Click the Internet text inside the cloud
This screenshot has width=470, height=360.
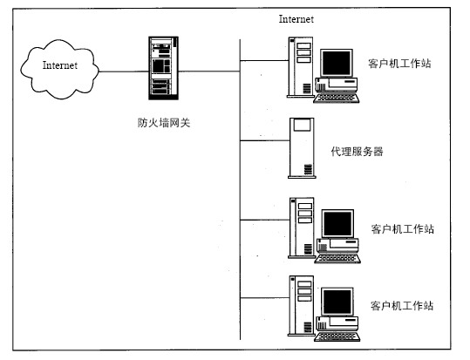[x=60, y=65]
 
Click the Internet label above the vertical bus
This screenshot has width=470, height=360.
[x=296, y=19]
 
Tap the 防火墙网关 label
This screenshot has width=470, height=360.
[x=164, y=123]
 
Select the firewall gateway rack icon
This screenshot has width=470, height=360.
[x=164, y=68]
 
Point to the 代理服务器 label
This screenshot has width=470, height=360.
[x=357, y=152]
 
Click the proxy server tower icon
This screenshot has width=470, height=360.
[x=302, y=148]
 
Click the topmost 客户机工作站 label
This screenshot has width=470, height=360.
[x=399, y=64]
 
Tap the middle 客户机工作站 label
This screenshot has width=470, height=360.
[x=403, y=229]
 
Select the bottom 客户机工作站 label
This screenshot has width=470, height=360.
[x=402, y=306]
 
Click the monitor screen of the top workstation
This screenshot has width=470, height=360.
[x=337, y=63]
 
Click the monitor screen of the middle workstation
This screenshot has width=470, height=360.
[x=337, y=224]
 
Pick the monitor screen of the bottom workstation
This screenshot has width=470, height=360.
[x=337, y=302]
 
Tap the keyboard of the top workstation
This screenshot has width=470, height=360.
[x=336, y=98]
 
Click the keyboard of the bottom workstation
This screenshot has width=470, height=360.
[x=337, y=336]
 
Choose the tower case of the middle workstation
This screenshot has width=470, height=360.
[x=302, y=228]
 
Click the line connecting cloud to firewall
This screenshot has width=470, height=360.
[x=124, y=71]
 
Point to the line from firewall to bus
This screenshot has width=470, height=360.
[x=209, y=71]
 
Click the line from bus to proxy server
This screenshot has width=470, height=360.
[x=265, y=140]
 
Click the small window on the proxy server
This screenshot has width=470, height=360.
[x=302, y=125]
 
